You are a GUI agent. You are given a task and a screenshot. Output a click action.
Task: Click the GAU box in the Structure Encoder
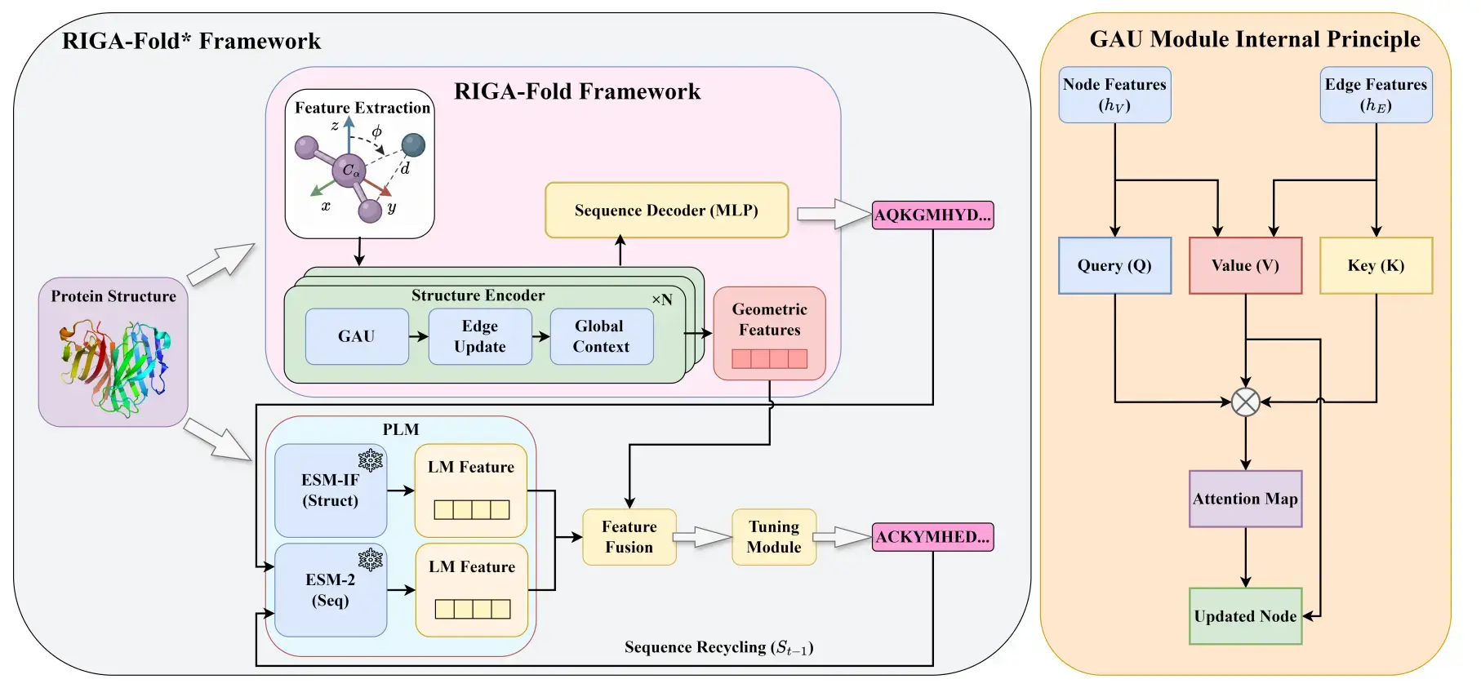357,336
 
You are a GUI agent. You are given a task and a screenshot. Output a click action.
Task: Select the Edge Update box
479,336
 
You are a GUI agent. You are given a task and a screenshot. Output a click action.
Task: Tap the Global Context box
601,336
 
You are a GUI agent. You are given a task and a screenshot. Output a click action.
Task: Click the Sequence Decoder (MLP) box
666,211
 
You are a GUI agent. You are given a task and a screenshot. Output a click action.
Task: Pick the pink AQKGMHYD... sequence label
932,215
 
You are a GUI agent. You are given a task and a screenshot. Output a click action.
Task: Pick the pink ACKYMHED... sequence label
932,537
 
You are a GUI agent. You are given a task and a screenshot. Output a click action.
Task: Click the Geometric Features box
769,333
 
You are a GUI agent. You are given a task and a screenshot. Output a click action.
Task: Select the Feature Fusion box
629,537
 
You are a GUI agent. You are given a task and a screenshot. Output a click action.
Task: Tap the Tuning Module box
774,537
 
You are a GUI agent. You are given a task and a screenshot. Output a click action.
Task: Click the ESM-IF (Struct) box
330,491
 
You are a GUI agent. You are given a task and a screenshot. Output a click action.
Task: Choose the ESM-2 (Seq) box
330,590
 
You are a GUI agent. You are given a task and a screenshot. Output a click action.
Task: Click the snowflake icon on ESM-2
370,560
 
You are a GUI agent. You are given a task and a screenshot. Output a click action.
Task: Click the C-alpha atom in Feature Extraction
349,171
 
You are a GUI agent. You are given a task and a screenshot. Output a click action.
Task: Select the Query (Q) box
1114,266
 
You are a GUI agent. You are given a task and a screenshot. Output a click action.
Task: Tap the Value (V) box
1245,266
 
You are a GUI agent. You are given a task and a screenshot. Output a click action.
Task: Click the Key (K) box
1376,266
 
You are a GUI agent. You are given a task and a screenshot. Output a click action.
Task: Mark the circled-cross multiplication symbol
1245,402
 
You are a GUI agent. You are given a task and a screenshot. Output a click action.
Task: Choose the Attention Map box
1245,499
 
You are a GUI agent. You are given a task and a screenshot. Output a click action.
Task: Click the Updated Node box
1245,616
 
